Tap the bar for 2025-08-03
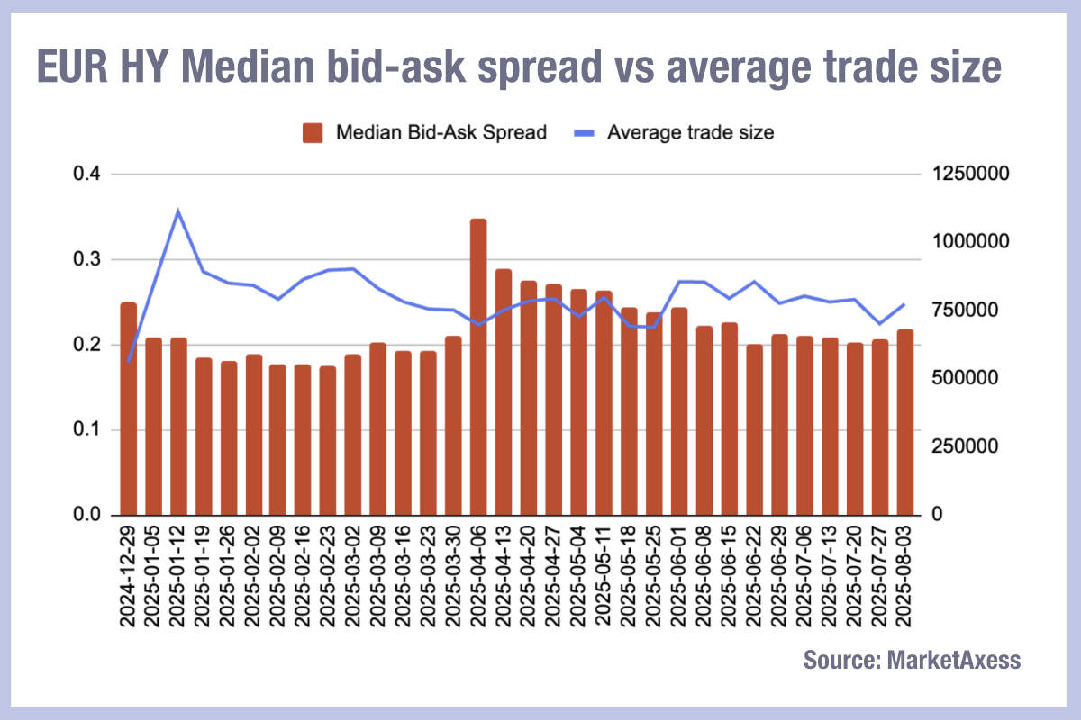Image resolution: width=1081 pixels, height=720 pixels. click(905, 422)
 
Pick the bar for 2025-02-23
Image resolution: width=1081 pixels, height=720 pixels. click(328, 440)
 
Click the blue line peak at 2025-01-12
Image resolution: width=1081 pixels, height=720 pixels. click(178, 211)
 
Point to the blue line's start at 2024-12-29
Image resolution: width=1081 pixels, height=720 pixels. click(129, 361)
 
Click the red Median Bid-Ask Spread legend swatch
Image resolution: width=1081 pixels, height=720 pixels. click(313, 133)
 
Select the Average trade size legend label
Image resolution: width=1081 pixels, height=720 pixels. click(691, 133)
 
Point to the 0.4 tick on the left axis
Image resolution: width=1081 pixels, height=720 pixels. click(86, 175)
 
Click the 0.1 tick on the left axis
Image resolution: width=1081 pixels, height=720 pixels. click(86, 430)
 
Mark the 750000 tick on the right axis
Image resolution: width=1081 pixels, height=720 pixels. click(962, 310)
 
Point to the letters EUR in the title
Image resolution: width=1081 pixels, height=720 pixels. click(73, 67)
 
